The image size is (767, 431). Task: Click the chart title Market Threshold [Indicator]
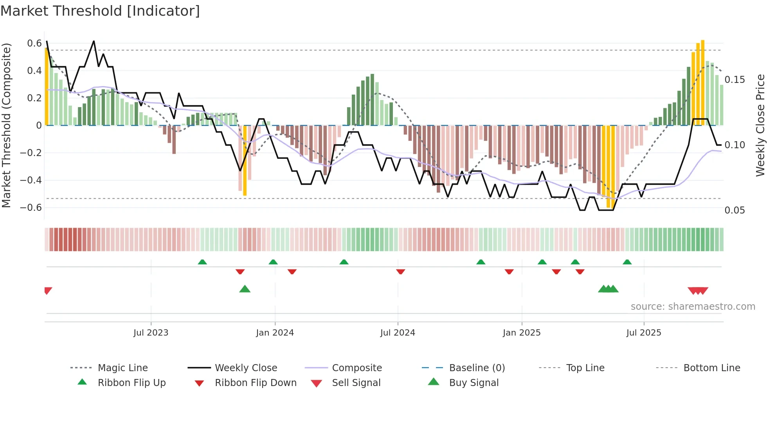pos(100,11)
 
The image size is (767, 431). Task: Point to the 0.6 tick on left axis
pos(34,43)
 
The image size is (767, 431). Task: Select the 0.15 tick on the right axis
pos(735,80)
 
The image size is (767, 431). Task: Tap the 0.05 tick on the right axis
pos(735,210)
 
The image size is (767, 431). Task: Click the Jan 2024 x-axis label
pos(275,333)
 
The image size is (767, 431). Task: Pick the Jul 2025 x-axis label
pos(643,333)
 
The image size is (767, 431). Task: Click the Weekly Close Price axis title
pos(760,125)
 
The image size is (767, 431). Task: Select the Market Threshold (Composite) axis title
pos(6,125)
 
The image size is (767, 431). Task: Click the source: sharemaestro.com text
pos(693,307)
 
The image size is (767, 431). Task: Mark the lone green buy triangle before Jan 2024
pos(245,289)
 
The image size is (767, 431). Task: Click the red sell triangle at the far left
pos(48,291)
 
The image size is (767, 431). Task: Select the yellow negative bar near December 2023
pos(245,160)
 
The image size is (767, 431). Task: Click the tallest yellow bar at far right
pos(703,82)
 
